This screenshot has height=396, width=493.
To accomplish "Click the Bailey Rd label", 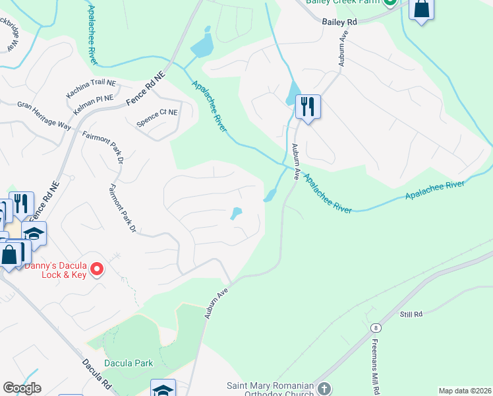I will click(x=339, y=22).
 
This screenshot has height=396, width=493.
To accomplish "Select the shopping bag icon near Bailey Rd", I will click(x=421, y=10).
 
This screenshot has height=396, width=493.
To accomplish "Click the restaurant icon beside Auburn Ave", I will click(x=308, y=106).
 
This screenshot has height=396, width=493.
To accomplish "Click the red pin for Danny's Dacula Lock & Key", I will click(x=97, y=269).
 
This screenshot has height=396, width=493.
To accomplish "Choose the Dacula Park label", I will click(x=130, y=363).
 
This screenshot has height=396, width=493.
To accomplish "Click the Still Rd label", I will click(x=411, y=314).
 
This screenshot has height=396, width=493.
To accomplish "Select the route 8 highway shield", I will click(x=375, y=328).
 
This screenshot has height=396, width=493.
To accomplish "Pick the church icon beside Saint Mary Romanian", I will click(x=324, y=389).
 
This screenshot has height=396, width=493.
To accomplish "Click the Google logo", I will click(x=22, y=388).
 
